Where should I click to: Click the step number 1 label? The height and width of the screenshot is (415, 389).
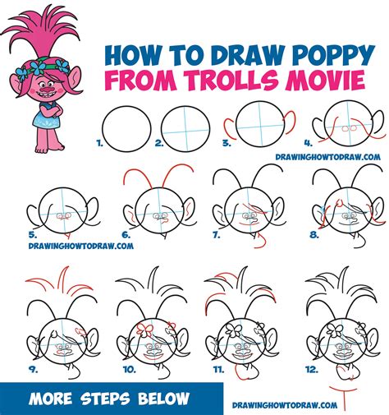[x=99, y=141]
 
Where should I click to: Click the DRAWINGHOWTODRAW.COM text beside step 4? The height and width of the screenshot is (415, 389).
[x=341, y=155]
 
